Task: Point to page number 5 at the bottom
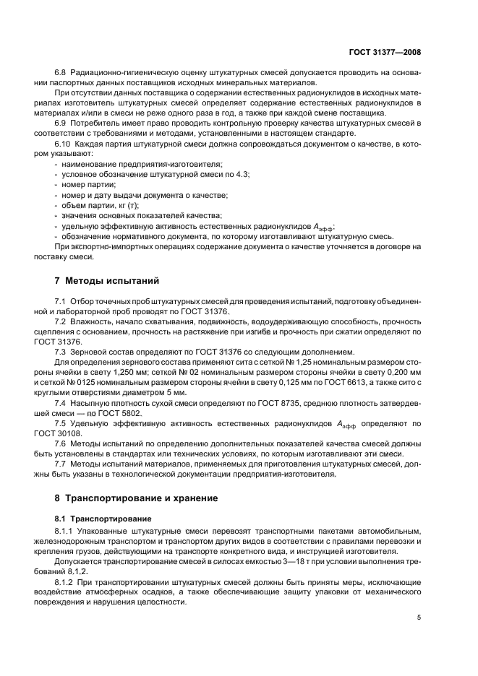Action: click(419, 617)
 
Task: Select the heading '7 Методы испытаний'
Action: click(107, 280)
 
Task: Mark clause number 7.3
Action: click(61, 351)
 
